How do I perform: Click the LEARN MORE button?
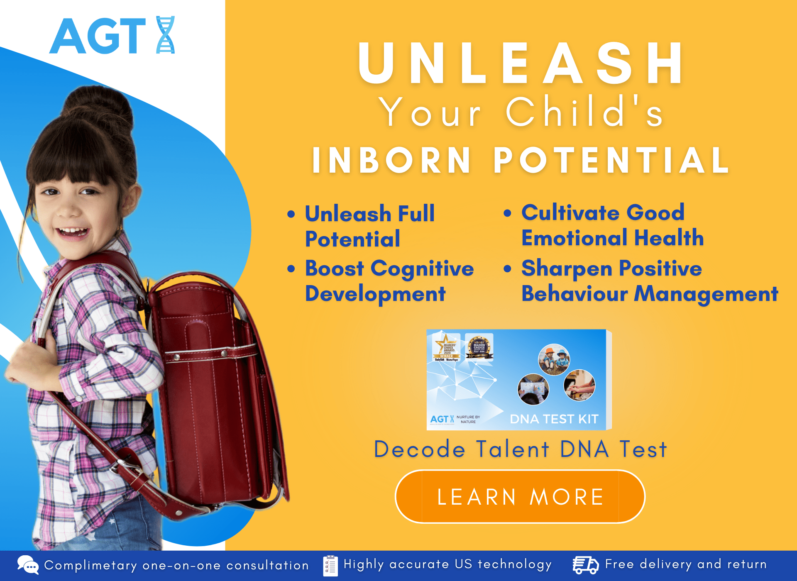[x=520, y=497]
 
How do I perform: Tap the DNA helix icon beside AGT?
[x=165, y=35]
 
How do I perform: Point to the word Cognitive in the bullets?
[x=422, y=269]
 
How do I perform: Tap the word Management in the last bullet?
[x=707, y=294]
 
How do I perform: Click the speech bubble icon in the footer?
[x=28, y=565]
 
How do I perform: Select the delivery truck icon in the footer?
[x=585, y=565]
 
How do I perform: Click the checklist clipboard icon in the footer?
[x=330, y=565]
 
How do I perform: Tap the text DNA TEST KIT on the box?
[x=554, y=419]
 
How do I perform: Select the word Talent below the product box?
[x=513, y=449]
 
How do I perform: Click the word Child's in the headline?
[x=584, y=112]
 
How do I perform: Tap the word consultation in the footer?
[x=267, y=565]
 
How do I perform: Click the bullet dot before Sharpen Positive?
[x=507, y=269]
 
